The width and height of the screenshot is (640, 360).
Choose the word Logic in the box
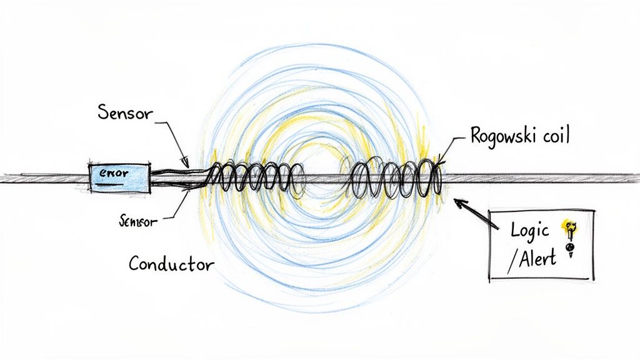(529, 230)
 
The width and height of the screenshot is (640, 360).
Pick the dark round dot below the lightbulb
(569, 247)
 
